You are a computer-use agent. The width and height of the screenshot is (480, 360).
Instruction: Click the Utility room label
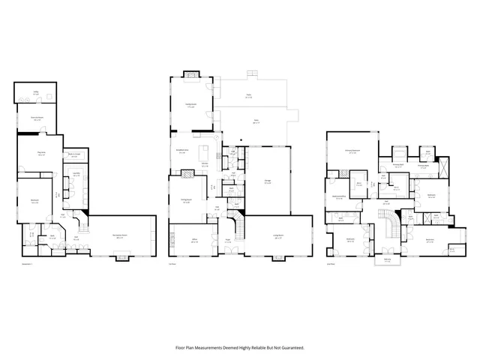click(35, 94)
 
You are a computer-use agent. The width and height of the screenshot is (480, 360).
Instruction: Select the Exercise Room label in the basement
click(35, 118)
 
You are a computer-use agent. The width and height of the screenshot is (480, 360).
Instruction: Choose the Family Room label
click(190, 106)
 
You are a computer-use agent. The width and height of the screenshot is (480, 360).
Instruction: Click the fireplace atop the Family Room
click(190, 73)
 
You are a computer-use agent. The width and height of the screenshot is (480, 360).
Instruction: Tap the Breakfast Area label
click(181, 151)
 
